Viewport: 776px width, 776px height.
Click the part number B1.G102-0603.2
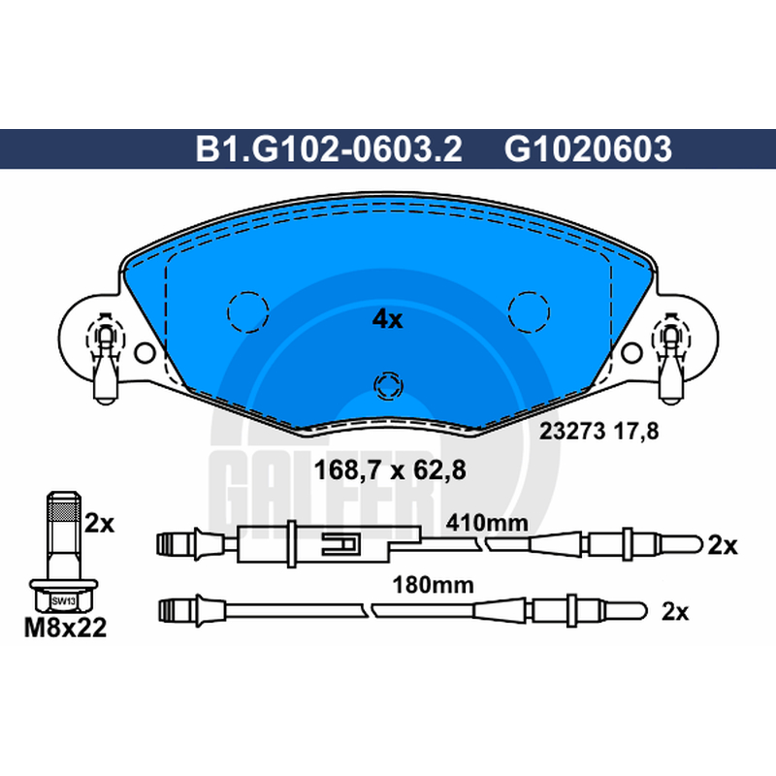point(329,148)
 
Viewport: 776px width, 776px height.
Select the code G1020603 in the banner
point(588,148)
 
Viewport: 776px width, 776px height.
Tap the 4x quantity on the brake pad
point(387,320)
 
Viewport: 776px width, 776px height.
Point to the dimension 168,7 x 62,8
point(390,469)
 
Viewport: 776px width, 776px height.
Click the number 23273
point(572,431)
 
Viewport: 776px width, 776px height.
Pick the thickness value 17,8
point(636,432)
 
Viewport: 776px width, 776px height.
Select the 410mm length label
point(487,523)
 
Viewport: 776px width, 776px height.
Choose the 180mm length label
point(433,585)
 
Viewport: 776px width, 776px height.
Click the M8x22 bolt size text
point(65,628)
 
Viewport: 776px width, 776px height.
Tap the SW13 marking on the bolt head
point(63,601)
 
